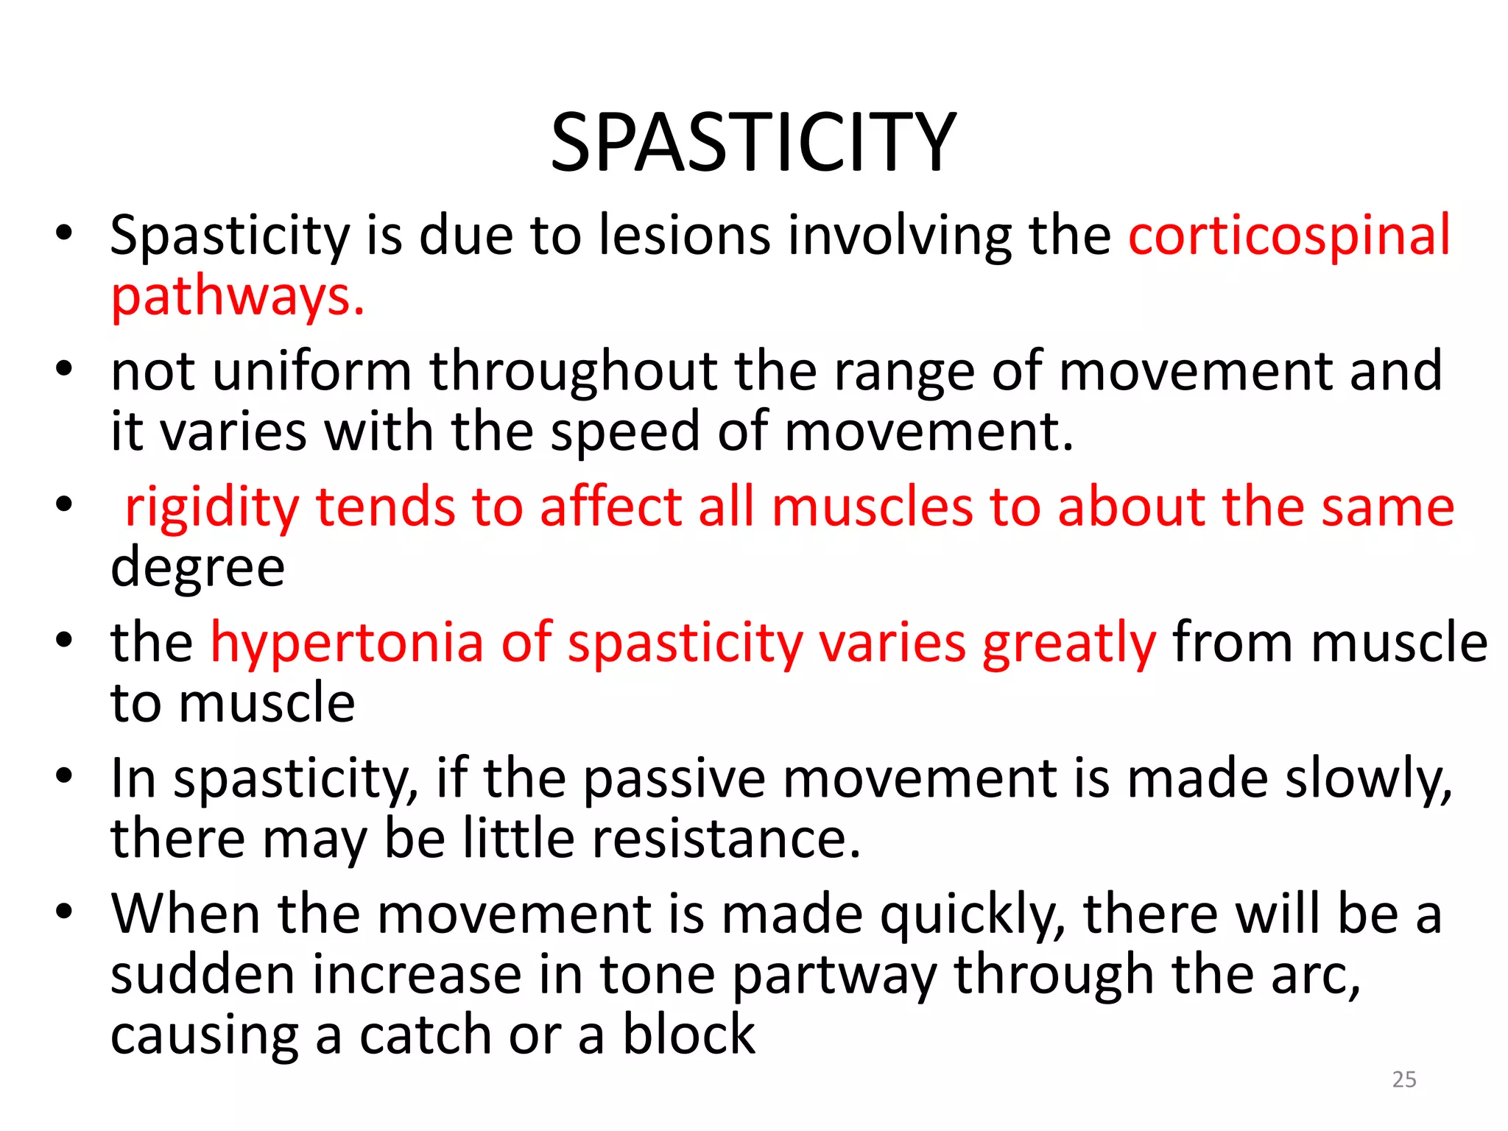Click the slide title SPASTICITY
coord(753,142)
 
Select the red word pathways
coord(237,296)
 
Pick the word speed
coord(625,431)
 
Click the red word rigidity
coord(212,507)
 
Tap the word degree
coord(197,568)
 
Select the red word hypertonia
coord(347,642)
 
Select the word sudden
coord(202,975)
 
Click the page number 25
coord(1404,1079)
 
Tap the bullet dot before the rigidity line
coord(65,505)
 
